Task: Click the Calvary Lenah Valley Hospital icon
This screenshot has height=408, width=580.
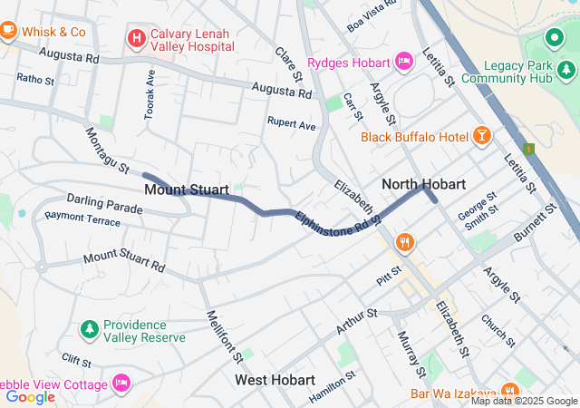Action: (136, 38)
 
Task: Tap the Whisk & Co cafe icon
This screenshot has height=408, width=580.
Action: (9, 31)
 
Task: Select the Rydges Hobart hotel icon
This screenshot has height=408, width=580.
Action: (404, 62)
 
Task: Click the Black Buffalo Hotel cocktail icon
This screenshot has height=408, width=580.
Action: (481, 136)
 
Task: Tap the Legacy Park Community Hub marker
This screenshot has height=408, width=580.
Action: (554, 39)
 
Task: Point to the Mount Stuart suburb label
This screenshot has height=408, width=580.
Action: (186, 190)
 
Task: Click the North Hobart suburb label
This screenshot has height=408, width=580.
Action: (423, 184)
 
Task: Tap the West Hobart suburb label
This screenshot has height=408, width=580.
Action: (275, 379)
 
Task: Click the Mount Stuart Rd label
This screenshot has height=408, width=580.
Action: (124, 262)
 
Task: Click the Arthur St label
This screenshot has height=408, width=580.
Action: (356, 321)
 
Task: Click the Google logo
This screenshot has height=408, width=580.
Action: (31, 396)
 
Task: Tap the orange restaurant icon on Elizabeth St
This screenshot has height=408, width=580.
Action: (404, 243)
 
